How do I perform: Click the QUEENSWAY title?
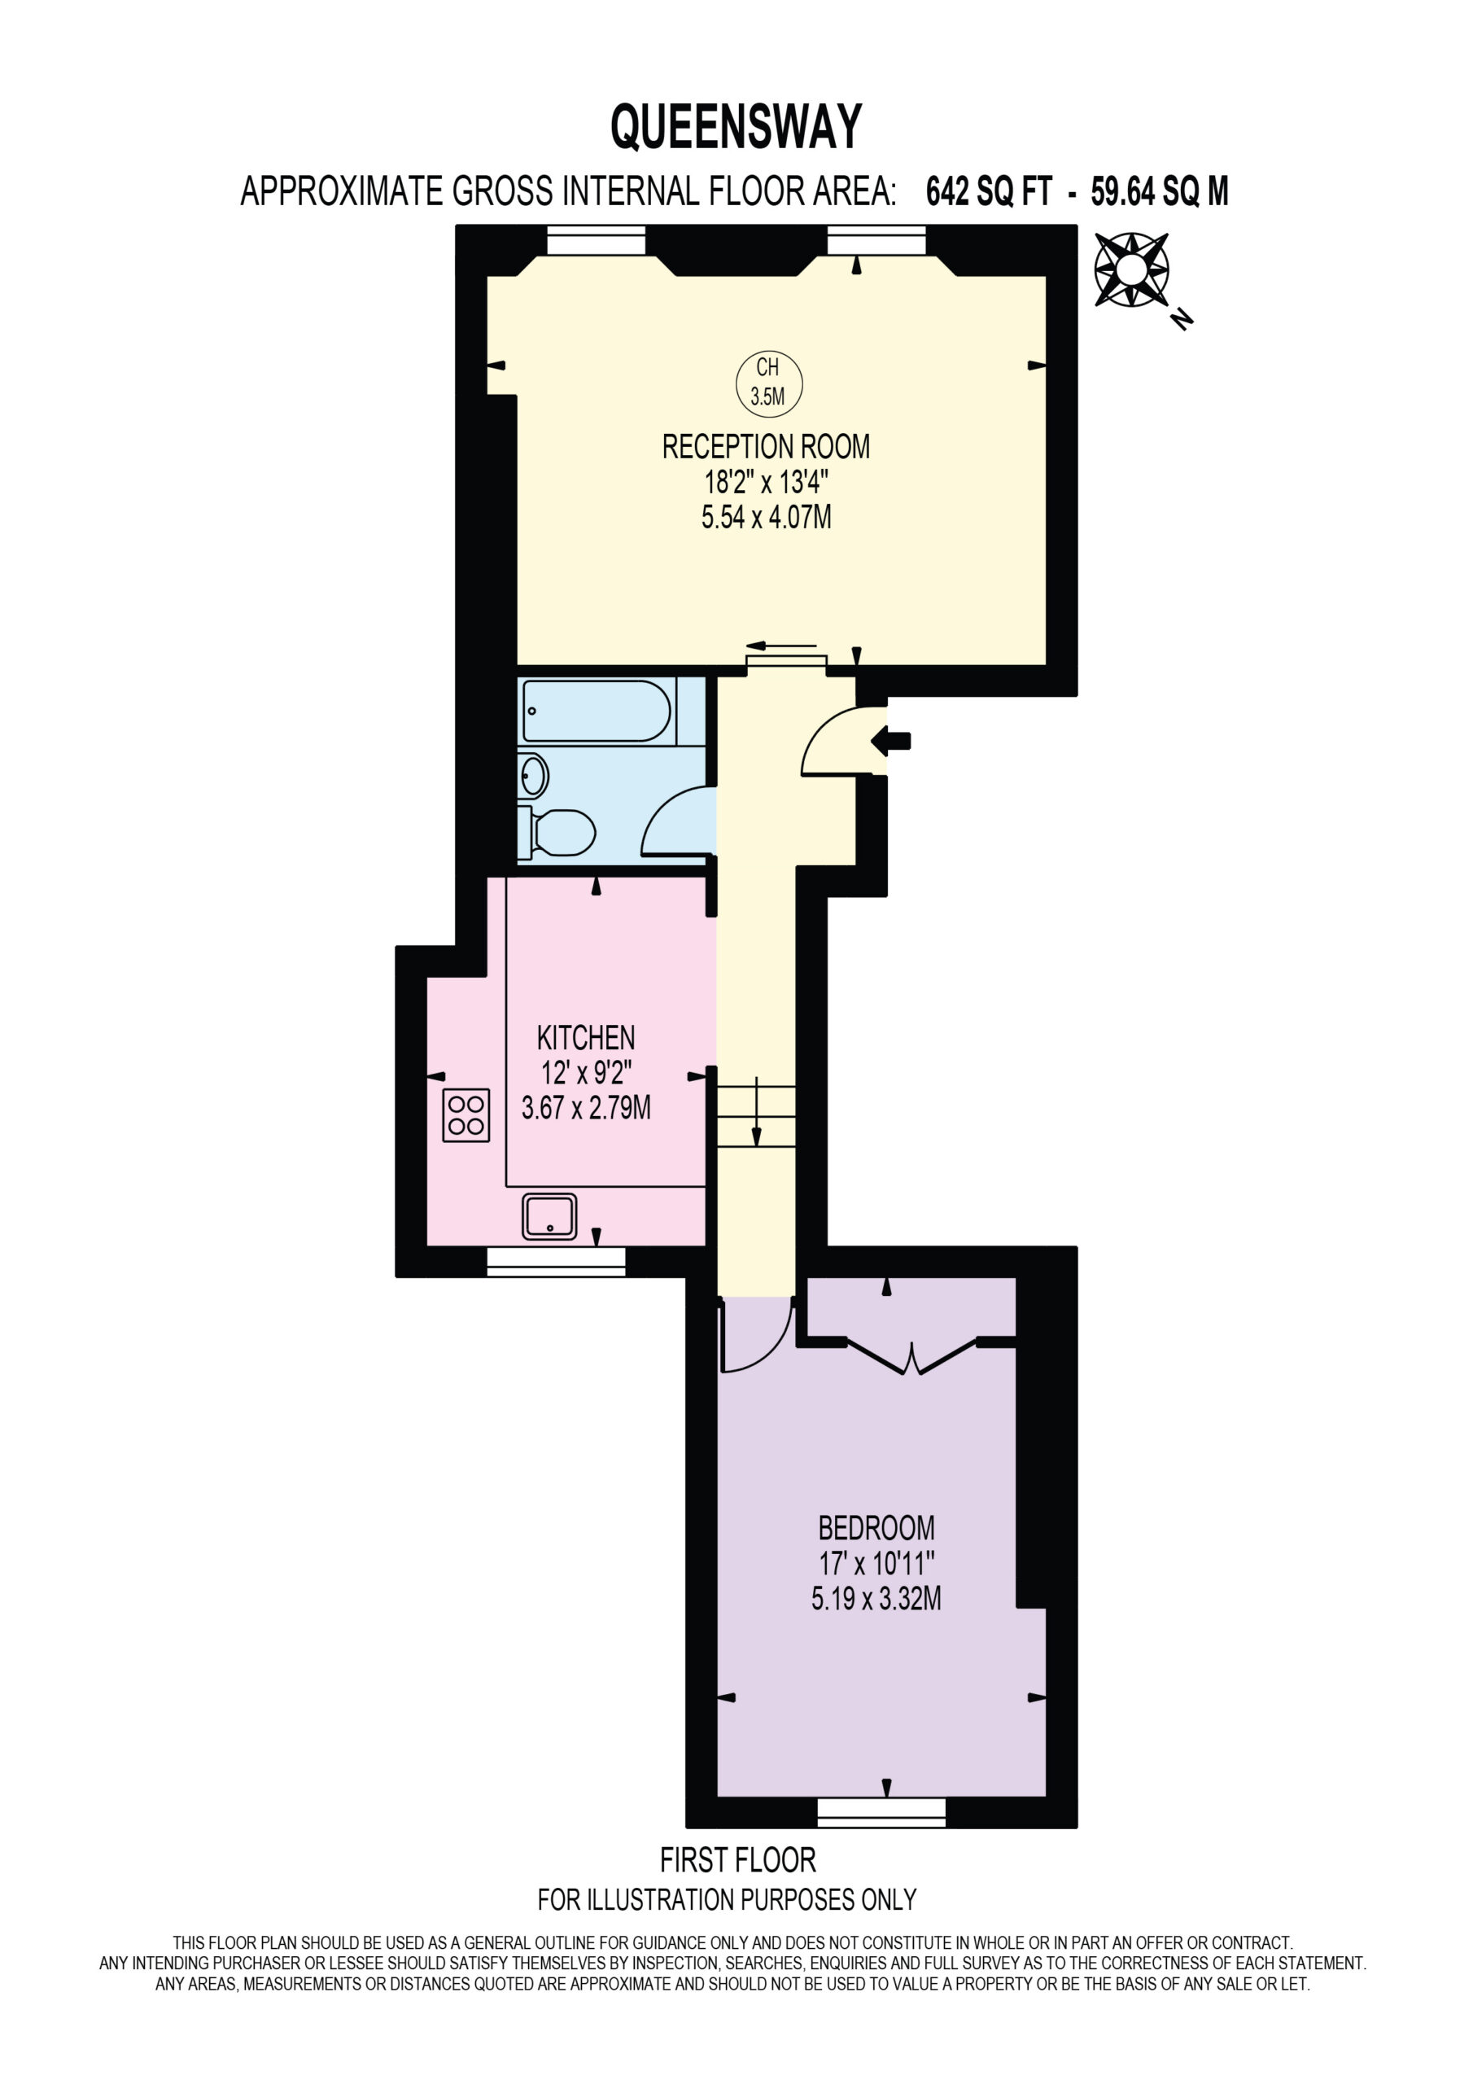[x=736, y=126]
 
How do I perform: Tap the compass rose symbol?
[x=1132, y=269]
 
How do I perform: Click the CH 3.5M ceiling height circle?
[x=769, y=382]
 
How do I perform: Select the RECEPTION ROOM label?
[x=766, y=447]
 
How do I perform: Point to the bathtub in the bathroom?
[x=597, y=711]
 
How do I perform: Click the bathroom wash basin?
[x=533, y=776]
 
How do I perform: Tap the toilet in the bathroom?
[x=557, y=832]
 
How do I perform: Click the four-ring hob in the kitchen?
[x=466, y=1114]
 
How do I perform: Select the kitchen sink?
[x=549, y=1216]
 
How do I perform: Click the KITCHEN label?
[x=586, y=1037]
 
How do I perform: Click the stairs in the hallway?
[x=756, y=1115]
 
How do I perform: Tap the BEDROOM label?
[x=876, y=1529]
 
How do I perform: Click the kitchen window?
[x=557, y=1262]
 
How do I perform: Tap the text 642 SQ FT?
[x=988, y=191]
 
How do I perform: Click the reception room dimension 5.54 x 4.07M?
[x=767, y=518]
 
